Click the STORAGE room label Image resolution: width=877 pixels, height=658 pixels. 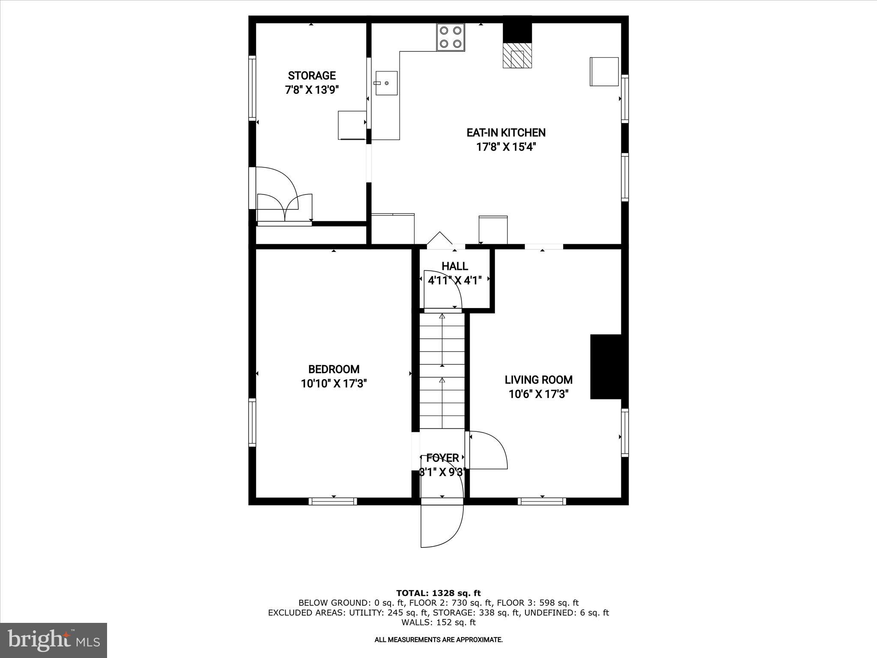pos(311,76)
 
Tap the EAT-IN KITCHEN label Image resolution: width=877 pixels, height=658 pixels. pos(506,133)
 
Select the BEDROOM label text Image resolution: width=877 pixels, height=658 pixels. pos(334,369)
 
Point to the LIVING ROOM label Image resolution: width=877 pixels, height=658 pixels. pos(538,380)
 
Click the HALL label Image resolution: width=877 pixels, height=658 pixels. pos(455,266)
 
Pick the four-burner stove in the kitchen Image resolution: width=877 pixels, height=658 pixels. pos(450,37)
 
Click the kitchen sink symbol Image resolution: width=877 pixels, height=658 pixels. pos(386,83)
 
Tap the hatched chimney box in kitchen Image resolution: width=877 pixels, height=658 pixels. pos(517,55)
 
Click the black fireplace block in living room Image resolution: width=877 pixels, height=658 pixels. pos(606,367)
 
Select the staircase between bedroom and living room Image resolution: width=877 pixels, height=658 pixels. pos(442,371)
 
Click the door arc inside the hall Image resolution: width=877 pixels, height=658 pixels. pos(442,290)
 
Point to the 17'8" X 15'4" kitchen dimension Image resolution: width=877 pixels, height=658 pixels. pos(506,147)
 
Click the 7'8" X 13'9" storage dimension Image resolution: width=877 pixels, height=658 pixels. pos(312,90)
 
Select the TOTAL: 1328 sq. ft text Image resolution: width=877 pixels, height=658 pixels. pos(438,593)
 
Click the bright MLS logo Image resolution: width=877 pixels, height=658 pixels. pos(54,640)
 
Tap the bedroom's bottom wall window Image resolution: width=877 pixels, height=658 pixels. pos(333,501)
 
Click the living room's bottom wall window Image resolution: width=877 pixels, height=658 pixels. pos(542,501)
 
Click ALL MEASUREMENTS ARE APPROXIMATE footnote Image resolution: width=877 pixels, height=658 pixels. pos(438,640)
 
